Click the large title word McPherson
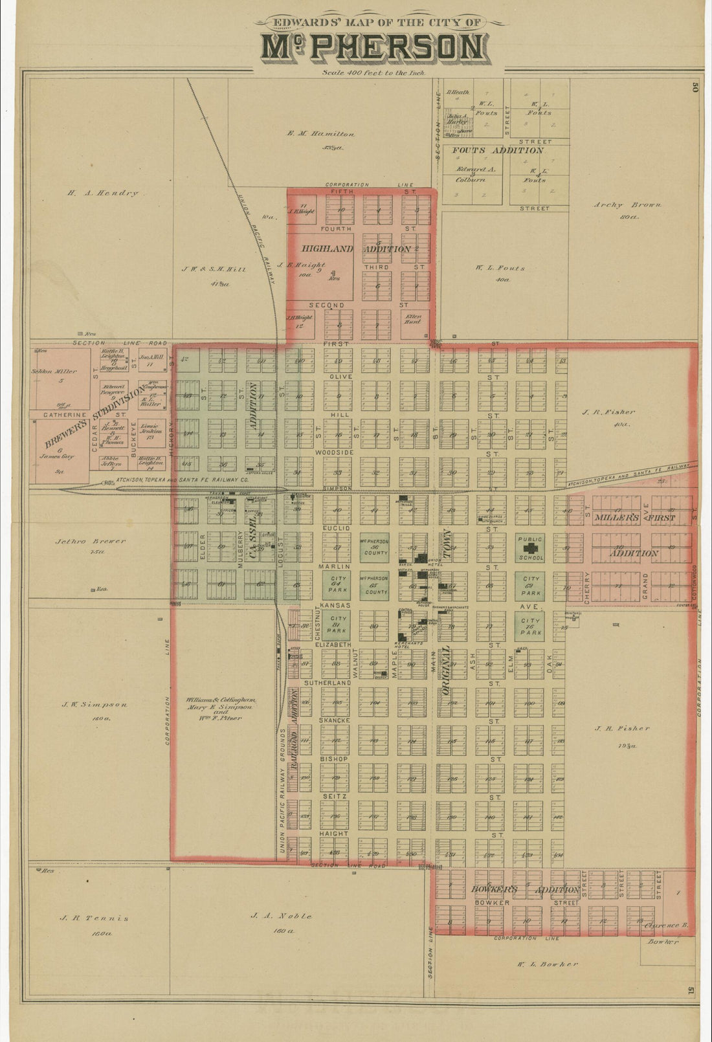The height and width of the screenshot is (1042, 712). (x=372, y=49)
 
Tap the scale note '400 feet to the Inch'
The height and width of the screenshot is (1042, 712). (x=373, y=73)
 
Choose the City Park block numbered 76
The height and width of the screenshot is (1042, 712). (x=530, y=624)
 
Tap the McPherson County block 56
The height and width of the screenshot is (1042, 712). (x=375, y=548)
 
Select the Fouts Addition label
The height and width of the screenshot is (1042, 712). (x=497, y=150)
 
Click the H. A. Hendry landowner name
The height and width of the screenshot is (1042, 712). (x=103, y=193)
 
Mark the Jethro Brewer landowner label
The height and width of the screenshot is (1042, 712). (x=99, y=541)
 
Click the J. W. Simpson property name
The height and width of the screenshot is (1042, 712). (x=95, y=705)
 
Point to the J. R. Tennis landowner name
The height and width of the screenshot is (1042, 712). (x=94, y=918)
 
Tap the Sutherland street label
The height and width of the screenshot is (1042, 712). (x=333, y=683)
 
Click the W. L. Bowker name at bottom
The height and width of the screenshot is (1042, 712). (x=546, y=964)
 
